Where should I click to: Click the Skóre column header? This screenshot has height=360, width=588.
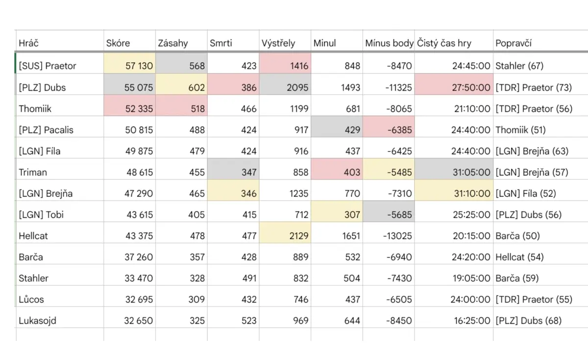(118, 43)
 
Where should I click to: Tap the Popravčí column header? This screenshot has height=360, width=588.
(514, 43)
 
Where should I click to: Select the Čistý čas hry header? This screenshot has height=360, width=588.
(444, 43)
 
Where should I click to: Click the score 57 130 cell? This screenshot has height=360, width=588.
(139, 66)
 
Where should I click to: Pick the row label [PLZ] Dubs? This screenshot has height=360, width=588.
(42, 87)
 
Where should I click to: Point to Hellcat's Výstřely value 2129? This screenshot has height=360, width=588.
(299, 236)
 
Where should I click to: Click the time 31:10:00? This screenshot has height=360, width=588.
(472, 193)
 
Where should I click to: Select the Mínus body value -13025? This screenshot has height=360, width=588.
(397, 236)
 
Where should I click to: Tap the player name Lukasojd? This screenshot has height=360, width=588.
(38, 320)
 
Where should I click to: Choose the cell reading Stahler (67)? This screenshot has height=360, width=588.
(519, 66)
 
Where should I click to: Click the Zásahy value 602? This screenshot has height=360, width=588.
(196, 87)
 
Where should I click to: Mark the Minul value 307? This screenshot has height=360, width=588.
(352, 215)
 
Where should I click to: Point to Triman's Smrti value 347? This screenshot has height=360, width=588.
(249, 172)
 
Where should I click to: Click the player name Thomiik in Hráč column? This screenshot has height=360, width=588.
(35, 109)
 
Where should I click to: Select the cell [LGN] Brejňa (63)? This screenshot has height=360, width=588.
(532, 151)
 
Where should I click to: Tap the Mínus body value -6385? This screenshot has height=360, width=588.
(399, 130)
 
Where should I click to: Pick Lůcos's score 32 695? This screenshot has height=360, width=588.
(139, 299)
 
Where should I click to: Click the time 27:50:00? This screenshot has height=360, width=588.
(471, 87)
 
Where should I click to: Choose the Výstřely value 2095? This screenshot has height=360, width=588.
(297, 87)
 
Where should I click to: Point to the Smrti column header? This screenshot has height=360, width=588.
(221, 43)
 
